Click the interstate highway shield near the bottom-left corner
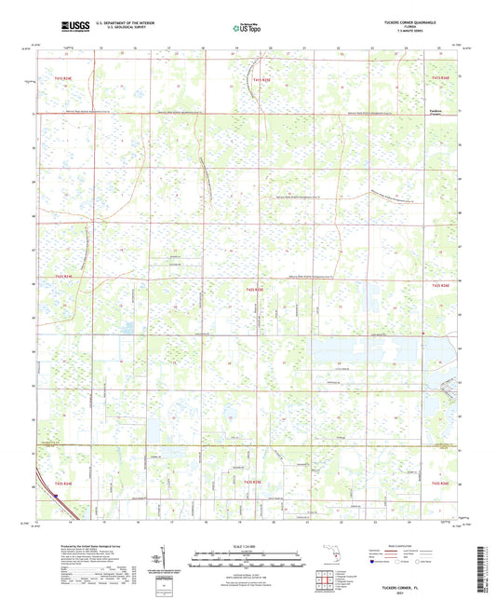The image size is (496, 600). [x=56, y=498]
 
